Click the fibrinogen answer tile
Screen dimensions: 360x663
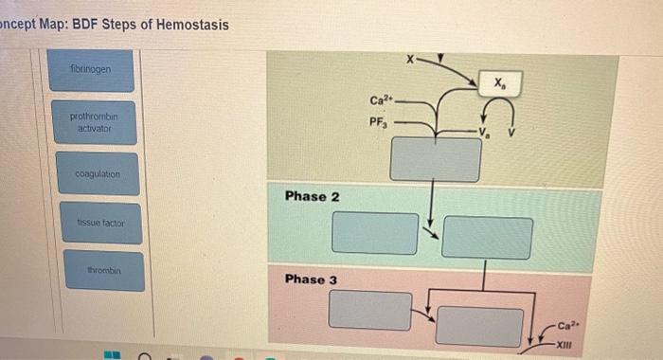[95, 69]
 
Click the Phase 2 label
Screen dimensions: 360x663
[312, 195]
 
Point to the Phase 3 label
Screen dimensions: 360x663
[312, 279]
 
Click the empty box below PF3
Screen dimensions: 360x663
[435, 158]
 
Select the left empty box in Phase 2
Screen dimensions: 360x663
[375, 232]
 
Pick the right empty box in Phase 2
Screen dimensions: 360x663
[486, 237]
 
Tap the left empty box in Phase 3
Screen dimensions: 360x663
[370, 310]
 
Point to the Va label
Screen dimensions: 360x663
[487, 131]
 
